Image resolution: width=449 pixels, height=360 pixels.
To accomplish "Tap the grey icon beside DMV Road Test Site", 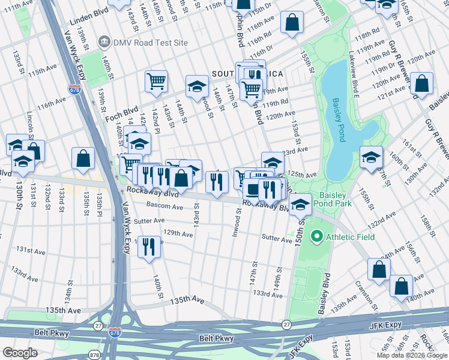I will tap(104, 43).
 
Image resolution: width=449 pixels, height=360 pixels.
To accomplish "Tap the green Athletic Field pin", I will tap(316, 237).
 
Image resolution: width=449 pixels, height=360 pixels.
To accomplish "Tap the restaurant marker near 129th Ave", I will tap(149, 245).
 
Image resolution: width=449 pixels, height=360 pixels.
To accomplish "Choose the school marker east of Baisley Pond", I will tap(372, 157).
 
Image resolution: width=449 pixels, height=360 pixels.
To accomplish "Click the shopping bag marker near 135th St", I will tap(83, 158).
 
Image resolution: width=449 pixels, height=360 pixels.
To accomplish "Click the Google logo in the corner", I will tap(20, 352).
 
